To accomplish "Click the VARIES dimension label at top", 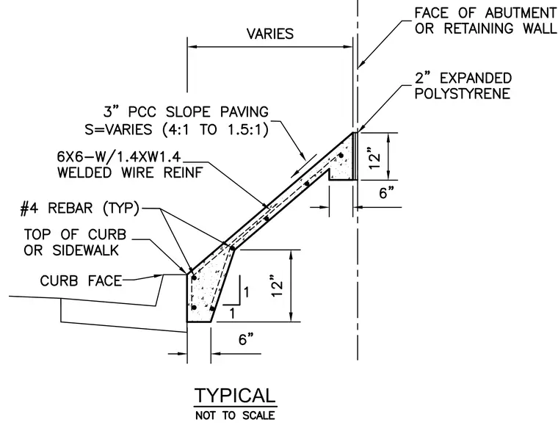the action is coord(270,34).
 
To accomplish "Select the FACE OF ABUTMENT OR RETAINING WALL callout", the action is coord(485,21).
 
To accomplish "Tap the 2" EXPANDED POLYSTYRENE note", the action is coord(463,86).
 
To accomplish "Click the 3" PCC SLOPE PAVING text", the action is coord(186,112).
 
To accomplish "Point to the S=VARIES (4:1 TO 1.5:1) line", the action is coord(176,129).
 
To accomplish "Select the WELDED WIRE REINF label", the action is coord(130,173).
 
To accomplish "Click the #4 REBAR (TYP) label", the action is coord(80,208).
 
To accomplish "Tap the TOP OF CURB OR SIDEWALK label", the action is coord(75,242).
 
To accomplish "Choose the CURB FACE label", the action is coord(81,280).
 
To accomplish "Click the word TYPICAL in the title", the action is coord(235,395).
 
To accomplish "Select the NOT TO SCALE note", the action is coord(235,416).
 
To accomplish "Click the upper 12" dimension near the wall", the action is coord(376,161).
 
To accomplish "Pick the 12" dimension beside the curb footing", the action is coord(278,285).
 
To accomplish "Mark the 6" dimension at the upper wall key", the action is coord(386,192).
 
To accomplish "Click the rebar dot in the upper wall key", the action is coord(341,156).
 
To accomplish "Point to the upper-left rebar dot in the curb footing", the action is coord(194,278).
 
